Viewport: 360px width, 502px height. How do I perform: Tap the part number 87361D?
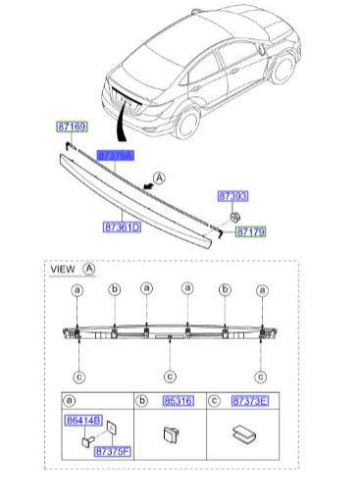pyautogui.click(x=123, y=226)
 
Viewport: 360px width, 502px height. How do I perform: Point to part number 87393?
pyautogui.click(x=232, y=196)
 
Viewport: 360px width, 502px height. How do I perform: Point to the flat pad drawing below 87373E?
pyautogui.click(x=241, y=433)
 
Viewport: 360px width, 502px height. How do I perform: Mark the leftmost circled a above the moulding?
pyautogui.click(x=77, y=290)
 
